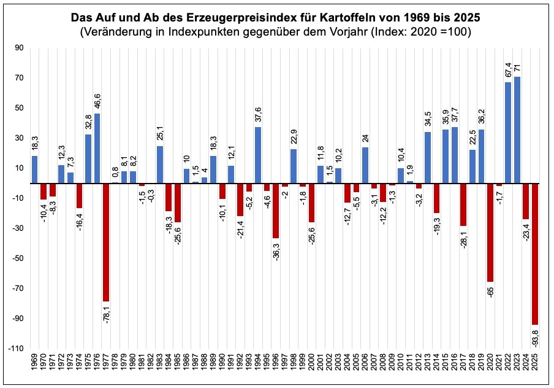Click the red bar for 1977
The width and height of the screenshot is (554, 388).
coord(106,242)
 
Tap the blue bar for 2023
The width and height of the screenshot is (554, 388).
coord(517,130)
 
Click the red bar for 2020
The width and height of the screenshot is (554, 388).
coord(490,232)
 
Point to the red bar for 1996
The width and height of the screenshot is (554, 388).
coord(276,211)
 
